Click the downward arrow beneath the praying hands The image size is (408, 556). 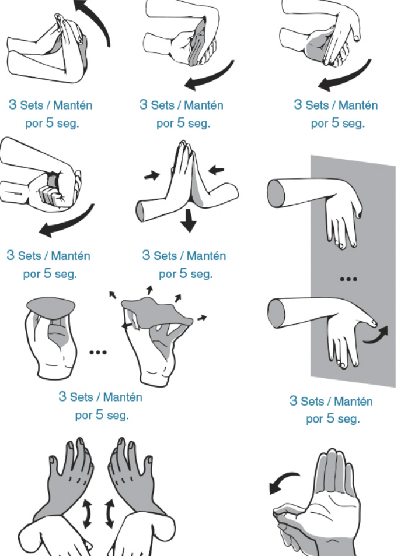coord(189,220)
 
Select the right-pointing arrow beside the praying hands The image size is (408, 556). coord(152,175)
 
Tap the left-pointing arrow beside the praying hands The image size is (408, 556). coord(216,170)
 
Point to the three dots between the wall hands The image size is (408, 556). coord(348,279)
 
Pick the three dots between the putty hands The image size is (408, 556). coord(98,353)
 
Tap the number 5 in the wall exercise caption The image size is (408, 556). coord(330,418)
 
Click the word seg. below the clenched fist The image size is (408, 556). coord(66,274)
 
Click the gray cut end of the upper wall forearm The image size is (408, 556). coord(276,193)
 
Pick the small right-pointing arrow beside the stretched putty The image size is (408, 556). coord(202,318)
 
